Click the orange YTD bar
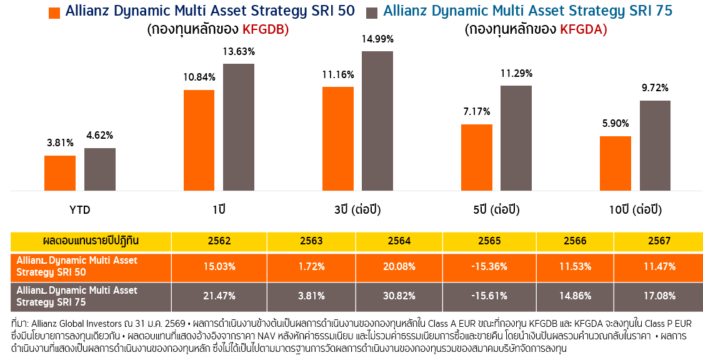pyautogui.click(x=60, y=173)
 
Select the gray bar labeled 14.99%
pyautogui.click(x=377, y=121)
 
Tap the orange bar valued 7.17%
pyautogui.click(x=477, y=157)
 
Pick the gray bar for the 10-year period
pyautogui.click(x=655, y=146)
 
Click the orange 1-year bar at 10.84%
pyautogui.click(x=199, y=141)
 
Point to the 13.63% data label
pyautogui.click(x=238, y=52)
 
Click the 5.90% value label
pyautogui.click(x=615, y=124)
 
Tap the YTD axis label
pyautogui.click(x=79, y=209)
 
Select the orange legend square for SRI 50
pyautogui.click(x=54, y=12)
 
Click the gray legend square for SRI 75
pyautogui.click(x=372, y=12)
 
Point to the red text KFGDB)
pyautogui.click(x=265, y=29)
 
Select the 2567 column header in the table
pyautogui.click(x=659, y=241)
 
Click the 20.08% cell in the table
pyautogui.click(x=399, y=266)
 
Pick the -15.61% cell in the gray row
pyautogui.click(x=489, y=296)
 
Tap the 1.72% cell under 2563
pyautogui.click(x=311, y=266)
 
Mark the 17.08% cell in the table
pyautogui.click(x=659, y=296)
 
